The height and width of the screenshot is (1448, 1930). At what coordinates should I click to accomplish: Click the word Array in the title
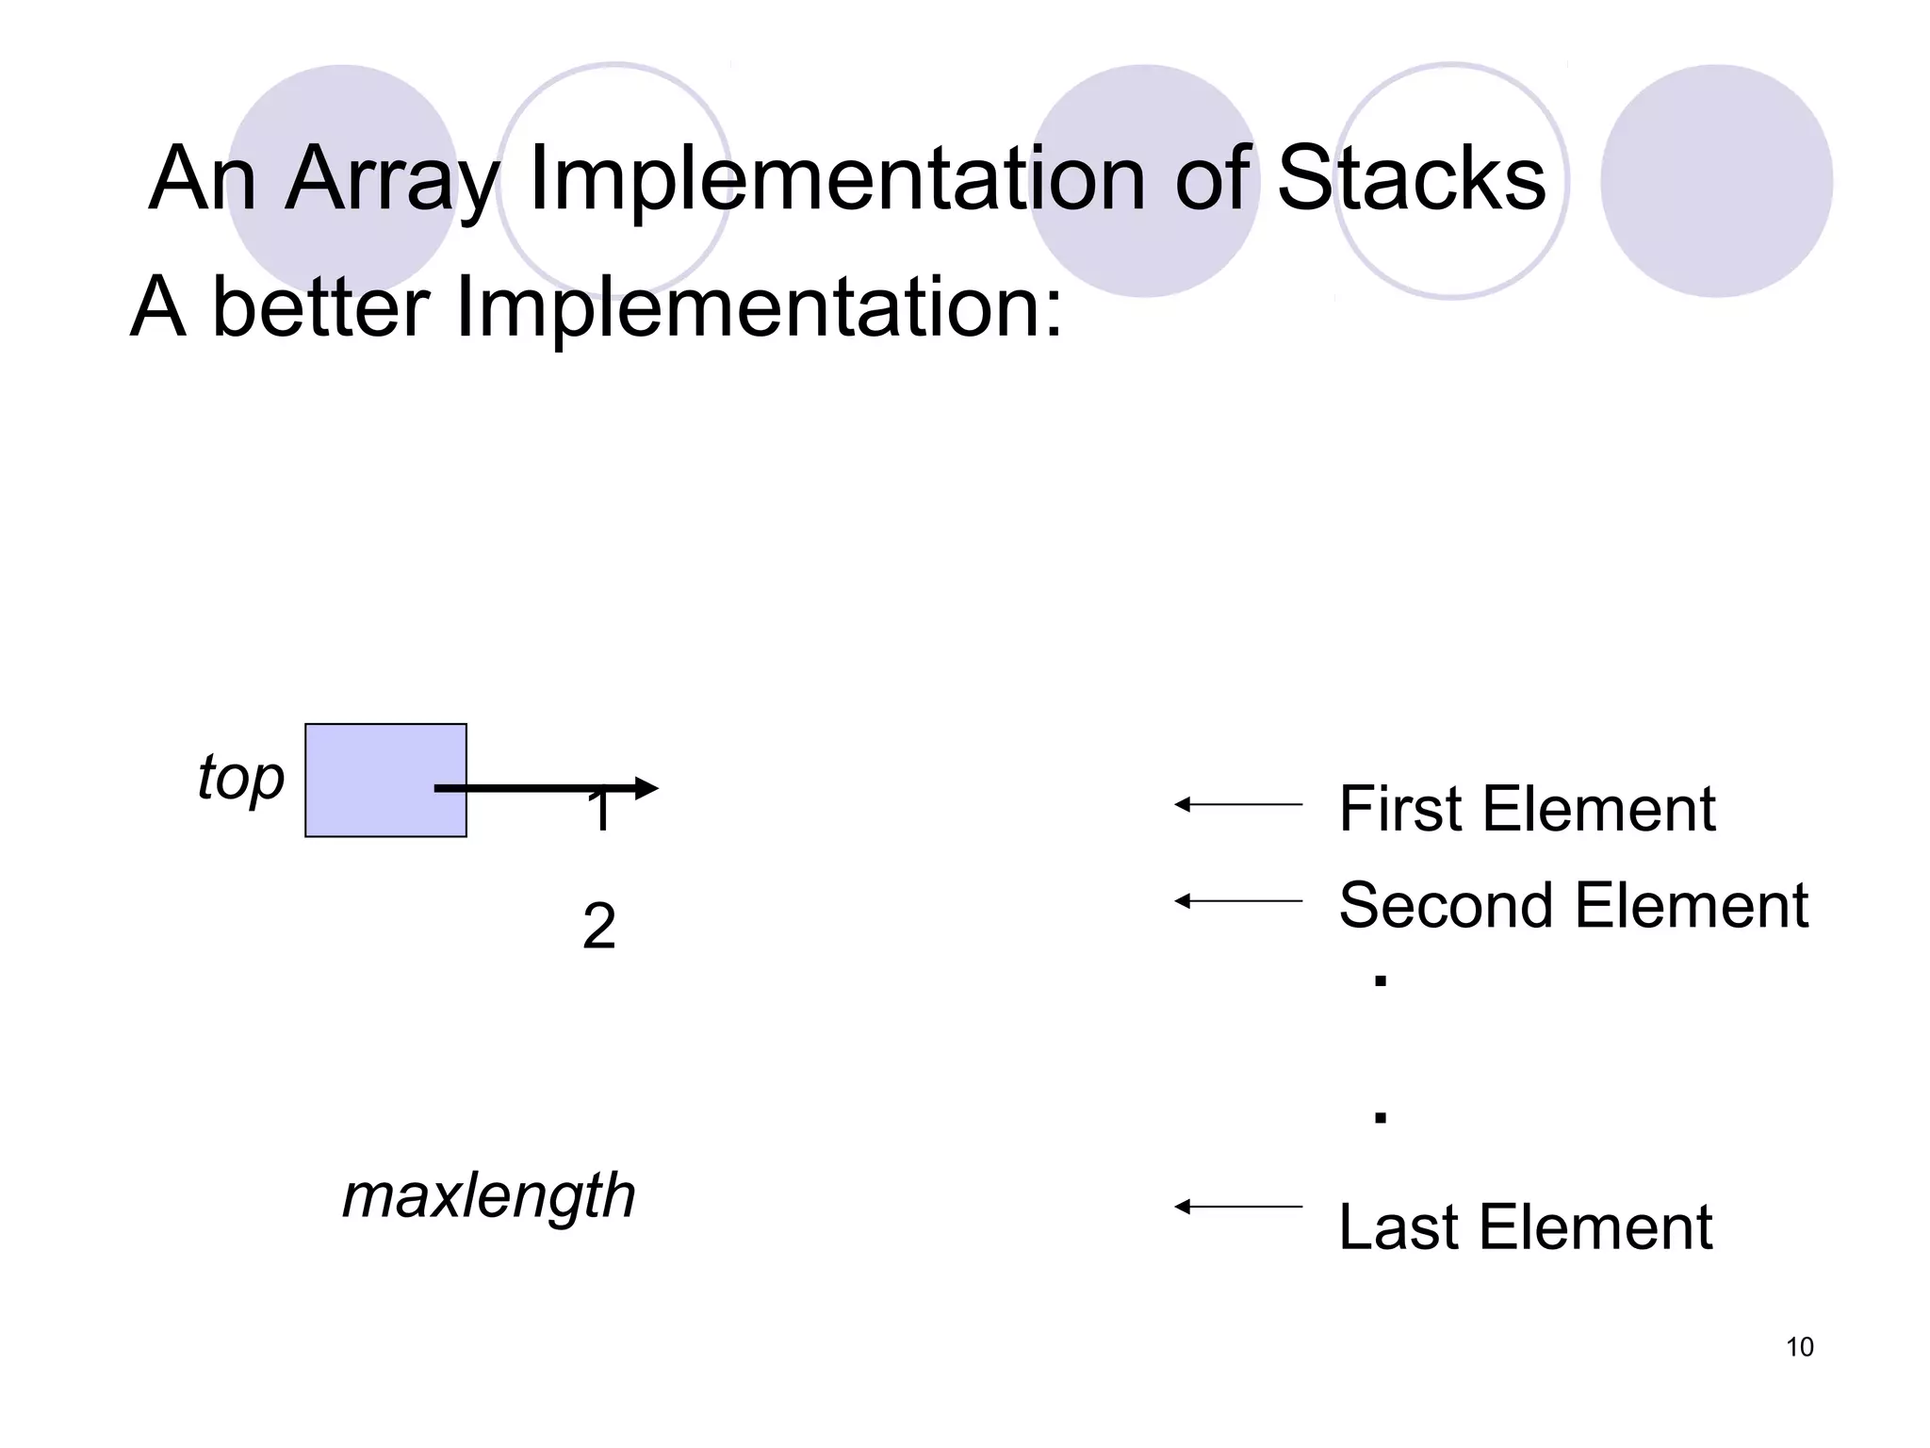click(391, 179)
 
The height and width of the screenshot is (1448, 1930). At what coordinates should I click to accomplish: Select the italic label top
click(240, 779)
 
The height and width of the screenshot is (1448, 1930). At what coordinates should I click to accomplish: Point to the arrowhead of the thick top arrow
click(646, 788)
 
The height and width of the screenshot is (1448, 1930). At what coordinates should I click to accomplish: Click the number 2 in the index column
click(599, 926)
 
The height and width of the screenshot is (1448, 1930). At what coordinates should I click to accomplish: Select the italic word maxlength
click(488, 1195)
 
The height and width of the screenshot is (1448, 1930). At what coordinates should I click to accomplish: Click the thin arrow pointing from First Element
click(1237, 804)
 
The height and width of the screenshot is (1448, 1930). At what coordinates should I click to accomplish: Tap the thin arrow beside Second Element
click(1237, 901)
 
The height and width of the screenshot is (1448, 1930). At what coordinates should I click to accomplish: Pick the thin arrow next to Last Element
click(1237, 1207)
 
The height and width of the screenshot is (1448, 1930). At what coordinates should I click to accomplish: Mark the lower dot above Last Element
click(1381, 1118)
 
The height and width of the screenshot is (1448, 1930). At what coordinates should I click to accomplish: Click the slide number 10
click(1799, 1347)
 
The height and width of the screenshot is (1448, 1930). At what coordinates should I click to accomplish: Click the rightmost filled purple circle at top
click(1716, 181)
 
